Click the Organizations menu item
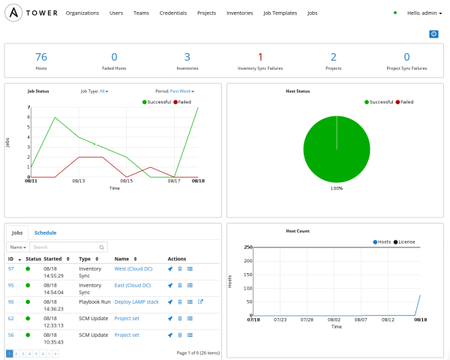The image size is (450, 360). pyautogui.click(x=82, y=13)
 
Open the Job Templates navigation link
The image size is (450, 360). pyautogui.click(x=280, y=13)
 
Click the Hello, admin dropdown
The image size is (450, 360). pyautogui.click(x=424, y=13)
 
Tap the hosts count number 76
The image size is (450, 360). pyautogui.click(x=41, y=57)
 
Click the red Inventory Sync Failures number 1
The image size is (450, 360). pyautogui.click(x=260, y=57)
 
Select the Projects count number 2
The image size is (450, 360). pyautogui.click(x=333, y=57)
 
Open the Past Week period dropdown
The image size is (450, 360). pyautogui.click(x=182, y=91)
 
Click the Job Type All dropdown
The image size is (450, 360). pyautogui.click(x=103, y=91)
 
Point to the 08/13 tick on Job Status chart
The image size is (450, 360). pyautogui.click(x=78, y=181)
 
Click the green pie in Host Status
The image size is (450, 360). pyautogui.click(x=337, y=150)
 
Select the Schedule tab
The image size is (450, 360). pyautogui.click(x=45, y=232)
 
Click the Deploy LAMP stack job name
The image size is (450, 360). pyautogui.click(x=136, y=301)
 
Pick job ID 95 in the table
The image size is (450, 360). pyautogui.click(x=11, y=285)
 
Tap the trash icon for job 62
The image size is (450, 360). pyautogui.click(x=180, y=318)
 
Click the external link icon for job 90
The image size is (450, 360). pyautogui.click(x=200, y=301)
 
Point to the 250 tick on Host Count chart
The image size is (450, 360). pyautogui.click(x=247, y=247)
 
